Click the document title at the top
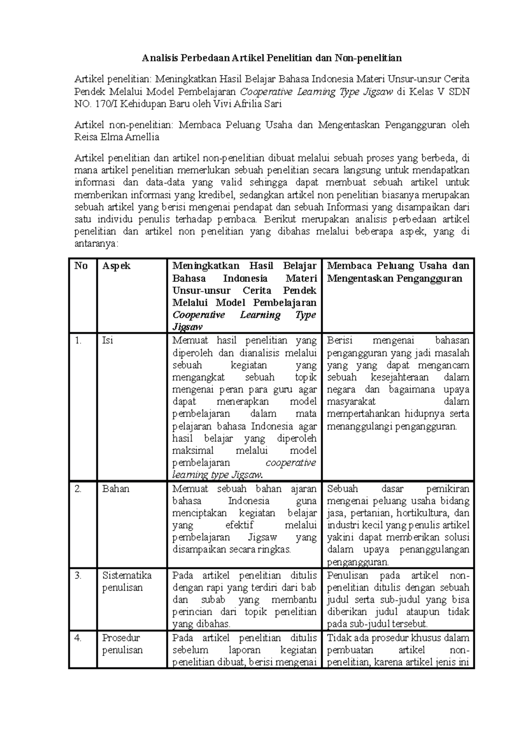[271, 57]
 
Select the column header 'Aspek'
[116, 266]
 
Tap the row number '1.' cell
[78, 340]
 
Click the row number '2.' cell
[78, 489]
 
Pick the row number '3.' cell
[78, 575]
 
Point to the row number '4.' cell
[78, 638]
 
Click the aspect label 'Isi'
[107, 340]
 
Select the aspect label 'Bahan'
[116, 489]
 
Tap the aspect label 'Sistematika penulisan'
[127, 581]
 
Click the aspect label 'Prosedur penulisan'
[122, 644]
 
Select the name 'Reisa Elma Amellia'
[117, 137]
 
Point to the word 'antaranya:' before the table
[96, 244]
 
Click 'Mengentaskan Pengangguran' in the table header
[394, 278]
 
